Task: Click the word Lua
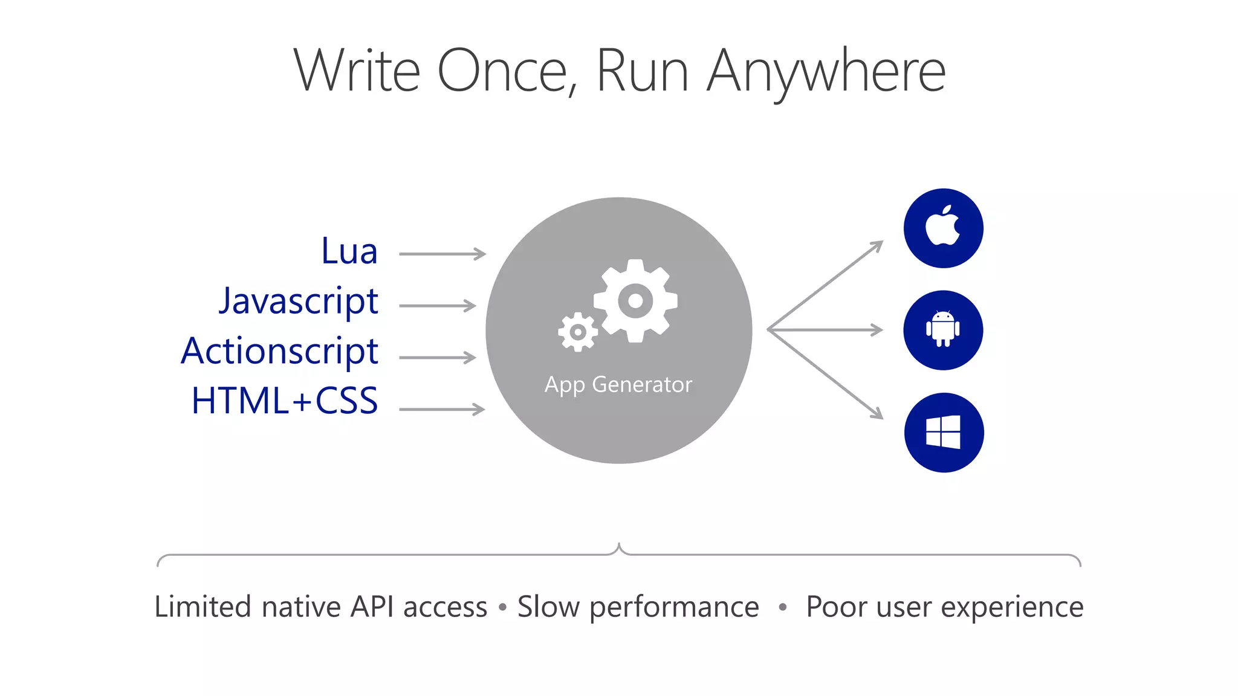click(x=349, y=251)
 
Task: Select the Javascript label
click(x=298, y=301)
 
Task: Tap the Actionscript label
click(x=279, y=352)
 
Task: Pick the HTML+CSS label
click(x=284, y=401)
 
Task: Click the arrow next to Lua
click(x=442, y=254)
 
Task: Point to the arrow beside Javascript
click(x=438, y=306)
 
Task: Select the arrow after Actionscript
click(x=438, y=358)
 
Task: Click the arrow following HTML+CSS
click(x=442, y=410)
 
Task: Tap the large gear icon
click(x=635, y=300)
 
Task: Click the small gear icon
click(x=578, y=332)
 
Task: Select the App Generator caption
click(x=618, y=385)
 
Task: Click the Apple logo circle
click(x=943, y=228)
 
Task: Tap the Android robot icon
click(x=943, y=330)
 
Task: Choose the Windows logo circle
click(x=944, y=433)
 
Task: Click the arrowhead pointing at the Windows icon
click(x=877, y=413)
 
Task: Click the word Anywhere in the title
click(x=826, y=71)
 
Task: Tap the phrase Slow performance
click(x=638, y=607)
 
